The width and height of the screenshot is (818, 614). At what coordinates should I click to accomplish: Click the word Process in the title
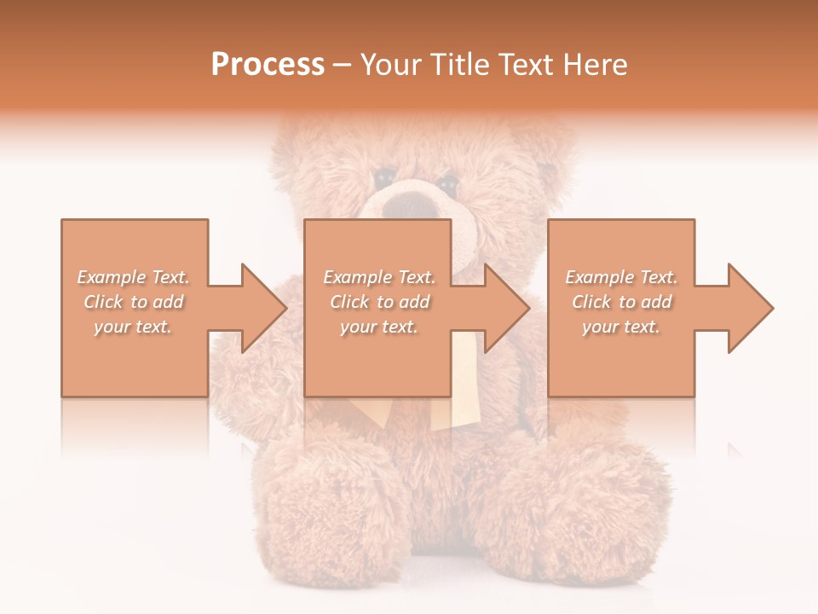point(268,65)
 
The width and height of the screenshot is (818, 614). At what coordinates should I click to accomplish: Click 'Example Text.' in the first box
point(134,277)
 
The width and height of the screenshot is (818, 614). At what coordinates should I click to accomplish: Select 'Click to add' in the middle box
point(379,302)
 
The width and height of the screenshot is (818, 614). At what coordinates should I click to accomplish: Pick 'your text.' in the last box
point(621,327)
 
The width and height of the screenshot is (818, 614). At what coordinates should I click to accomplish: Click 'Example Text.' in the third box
point(621,277)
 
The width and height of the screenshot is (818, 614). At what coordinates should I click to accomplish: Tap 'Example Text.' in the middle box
point(379,277)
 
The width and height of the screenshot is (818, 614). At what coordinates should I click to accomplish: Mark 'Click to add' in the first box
point(134,302)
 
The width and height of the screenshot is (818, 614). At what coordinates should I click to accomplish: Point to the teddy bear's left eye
point(383,177)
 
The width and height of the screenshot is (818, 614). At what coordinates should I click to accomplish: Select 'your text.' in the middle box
point(379,327)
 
